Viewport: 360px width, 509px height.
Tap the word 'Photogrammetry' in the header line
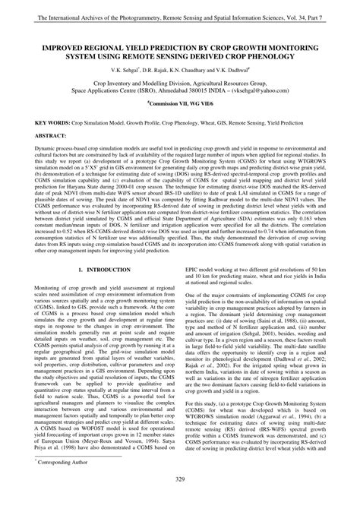coord(134,8)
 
